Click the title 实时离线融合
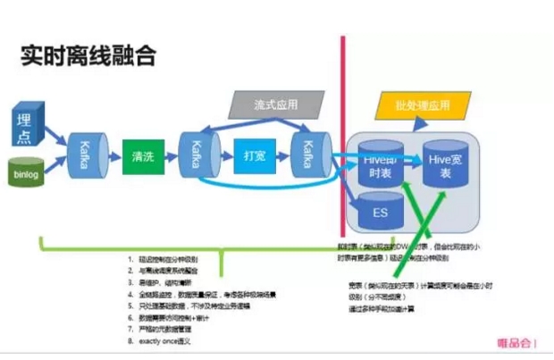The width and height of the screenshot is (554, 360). pyautogui.click(x=88, y=56)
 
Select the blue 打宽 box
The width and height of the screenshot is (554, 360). pyautogui.click(x=253, y=156)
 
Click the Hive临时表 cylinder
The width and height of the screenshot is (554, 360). pyautogui.click(x=377, y=161)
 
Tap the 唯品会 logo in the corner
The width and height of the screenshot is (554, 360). pyautogui.click(x=518, y=341)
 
